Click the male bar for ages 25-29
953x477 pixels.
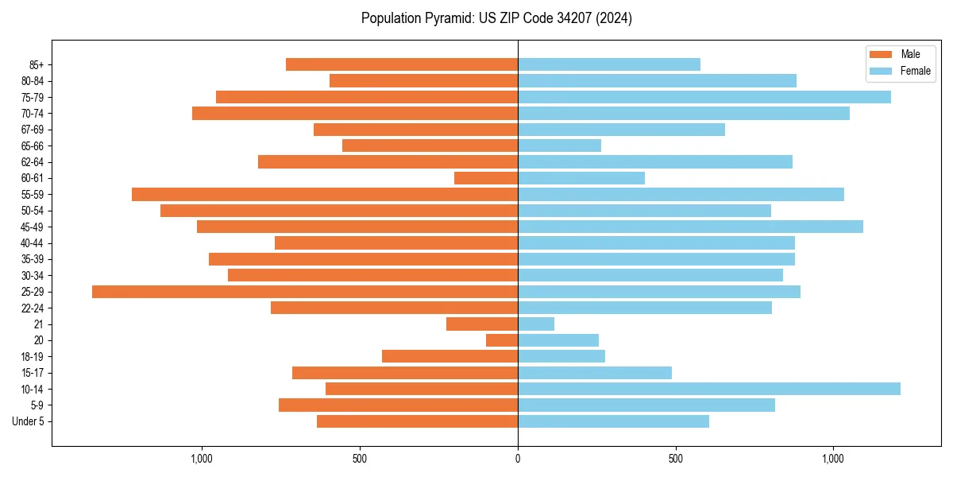pos(305,292)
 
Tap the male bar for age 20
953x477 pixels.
pos(502,340)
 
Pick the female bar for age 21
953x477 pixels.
pos(536,324)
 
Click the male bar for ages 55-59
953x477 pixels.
pos(325,195)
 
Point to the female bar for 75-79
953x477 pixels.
pos(704,97)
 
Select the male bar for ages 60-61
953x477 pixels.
pos(486,178)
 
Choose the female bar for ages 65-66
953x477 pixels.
pos(559,145)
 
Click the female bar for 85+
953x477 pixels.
pos(609,64)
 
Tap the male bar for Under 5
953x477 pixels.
pos(417,421)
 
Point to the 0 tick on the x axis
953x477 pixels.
pos(518,459)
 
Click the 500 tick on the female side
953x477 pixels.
pos(676,459)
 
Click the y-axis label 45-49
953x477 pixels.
pos(33,227)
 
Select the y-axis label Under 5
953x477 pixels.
pos(28,421)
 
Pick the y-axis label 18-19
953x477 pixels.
pos(33,357)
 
